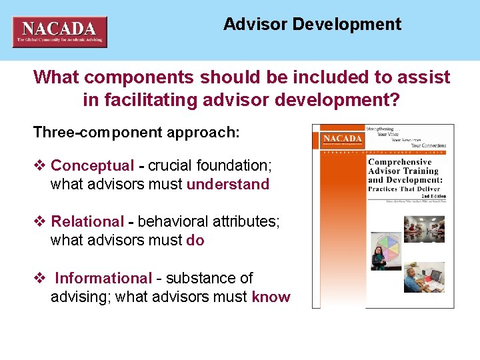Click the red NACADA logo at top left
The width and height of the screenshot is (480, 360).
point(59,32)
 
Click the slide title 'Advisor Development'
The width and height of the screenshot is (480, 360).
point(312,25)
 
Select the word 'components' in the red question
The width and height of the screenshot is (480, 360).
point(125,77)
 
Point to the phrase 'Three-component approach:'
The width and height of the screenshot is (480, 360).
point(136,132)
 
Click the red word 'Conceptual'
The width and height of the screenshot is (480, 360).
point(92,165)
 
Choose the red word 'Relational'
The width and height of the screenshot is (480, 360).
point(87,221)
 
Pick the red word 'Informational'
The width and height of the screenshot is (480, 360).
point(103,278)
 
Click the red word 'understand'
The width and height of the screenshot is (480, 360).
point(228,184)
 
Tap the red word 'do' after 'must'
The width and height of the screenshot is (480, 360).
point(195,240)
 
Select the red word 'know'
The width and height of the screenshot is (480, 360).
point(271,297)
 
